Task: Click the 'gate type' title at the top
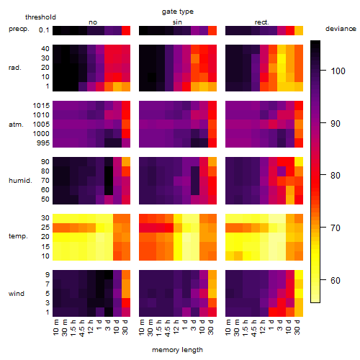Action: (178, 12)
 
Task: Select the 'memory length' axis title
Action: (177, 350)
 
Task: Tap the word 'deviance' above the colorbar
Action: (341, 29)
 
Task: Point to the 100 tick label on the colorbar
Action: (338, 71)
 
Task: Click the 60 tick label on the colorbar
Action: (336, 280)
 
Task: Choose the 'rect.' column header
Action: (261, 22)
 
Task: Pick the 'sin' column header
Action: (177, 22)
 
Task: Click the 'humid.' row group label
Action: (20, 181)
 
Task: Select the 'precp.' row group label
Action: (19, 29)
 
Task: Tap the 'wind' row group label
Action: (17, 294)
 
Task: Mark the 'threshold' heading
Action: (40, 17)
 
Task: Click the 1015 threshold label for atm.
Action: (41, 106)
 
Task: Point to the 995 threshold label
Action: (43, 143)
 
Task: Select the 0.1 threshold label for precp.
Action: (44, 30)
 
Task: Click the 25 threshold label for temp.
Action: (45, 228)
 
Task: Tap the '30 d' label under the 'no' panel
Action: (125, 327)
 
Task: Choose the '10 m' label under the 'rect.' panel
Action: (228, 327)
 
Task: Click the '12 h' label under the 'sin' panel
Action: (176, 327)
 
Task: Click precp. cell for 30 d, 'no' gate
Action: (126, 31)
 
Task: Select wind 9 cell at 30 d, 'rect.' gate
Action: (299, 274)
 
